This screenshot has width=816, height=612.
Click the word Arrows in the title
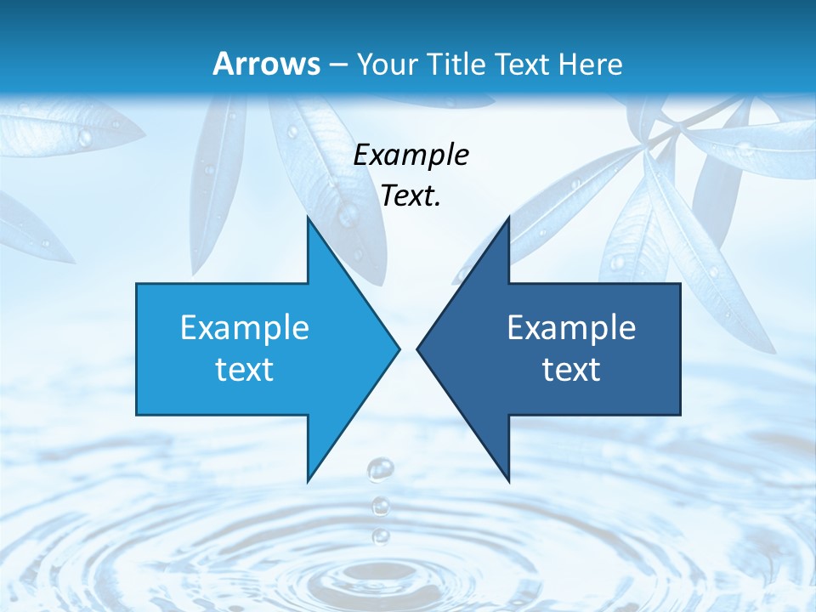coord(266,64)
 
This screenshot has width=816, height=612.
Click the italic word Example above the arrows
coord(411,155)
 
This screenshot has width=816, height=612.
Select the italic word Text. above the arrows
coord(411,196)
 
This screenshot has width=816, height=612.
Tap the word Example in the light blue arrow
coord(245,327)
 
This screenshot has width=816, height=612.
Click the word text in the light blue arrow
coord(245,370)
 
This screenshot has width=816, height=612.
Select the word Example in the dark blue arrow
coord(571,327)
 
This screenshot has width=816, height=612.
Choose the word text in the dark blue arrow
coord(571,370)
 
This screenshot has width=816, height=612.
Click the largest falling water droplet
coord(380,469)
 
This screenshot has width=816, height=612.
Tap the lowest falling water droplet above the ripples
coord(381,536)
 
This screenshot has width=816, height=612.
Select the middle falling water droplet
coord(380,507)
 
